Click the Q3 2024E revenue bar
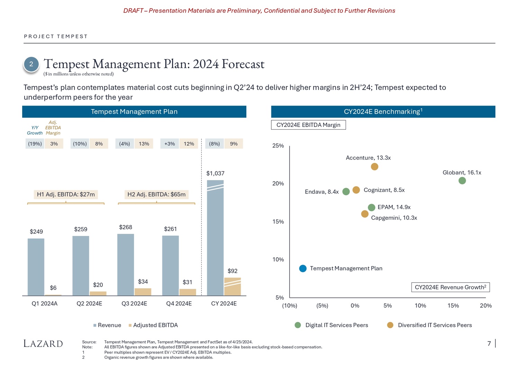click(126, 265)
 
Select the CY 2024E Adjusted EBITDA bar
click(233, 287)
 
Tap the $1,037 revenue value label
click(215, 173)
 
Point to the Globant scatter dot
click(462, 181)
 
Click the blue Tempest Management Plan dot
click(303, 269)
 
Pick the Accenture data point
click(374, 167)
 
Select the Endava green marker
click(346, 192)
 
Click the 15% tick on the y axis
click(278, 222)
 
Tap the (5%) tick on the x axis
click(322, 306)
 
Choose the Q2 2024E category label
click(89, 304)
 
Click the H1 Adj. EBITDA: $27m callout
click(66, 195)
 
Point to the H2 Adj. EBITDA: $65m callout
click(156, 195)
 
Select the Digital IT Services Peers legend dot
click(298, 325)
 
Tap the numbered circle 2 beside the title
click(31, 64)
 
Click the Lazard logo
click(43, 343)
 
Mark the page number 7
click(489, 343)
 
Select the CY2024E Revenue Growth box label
click(450, 287)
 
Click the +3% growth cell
click(170, 144)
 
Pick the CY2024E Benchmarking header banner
click(383, 111)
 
